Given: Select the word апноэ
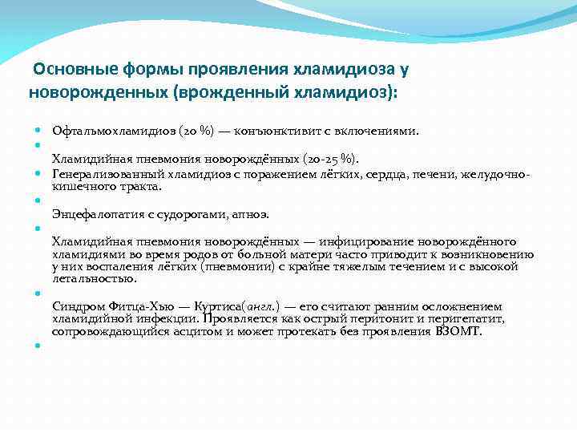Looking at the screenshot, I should coord(251,214).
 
